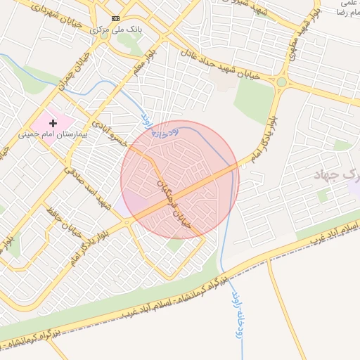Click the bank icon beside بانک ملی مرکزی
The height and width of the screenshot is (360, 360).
pos(116,18)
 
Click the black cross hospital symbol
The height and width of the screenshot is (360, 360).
pos(53,122)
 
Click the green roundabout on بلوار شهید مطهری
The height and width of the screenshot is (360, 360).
pos(282,82)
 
